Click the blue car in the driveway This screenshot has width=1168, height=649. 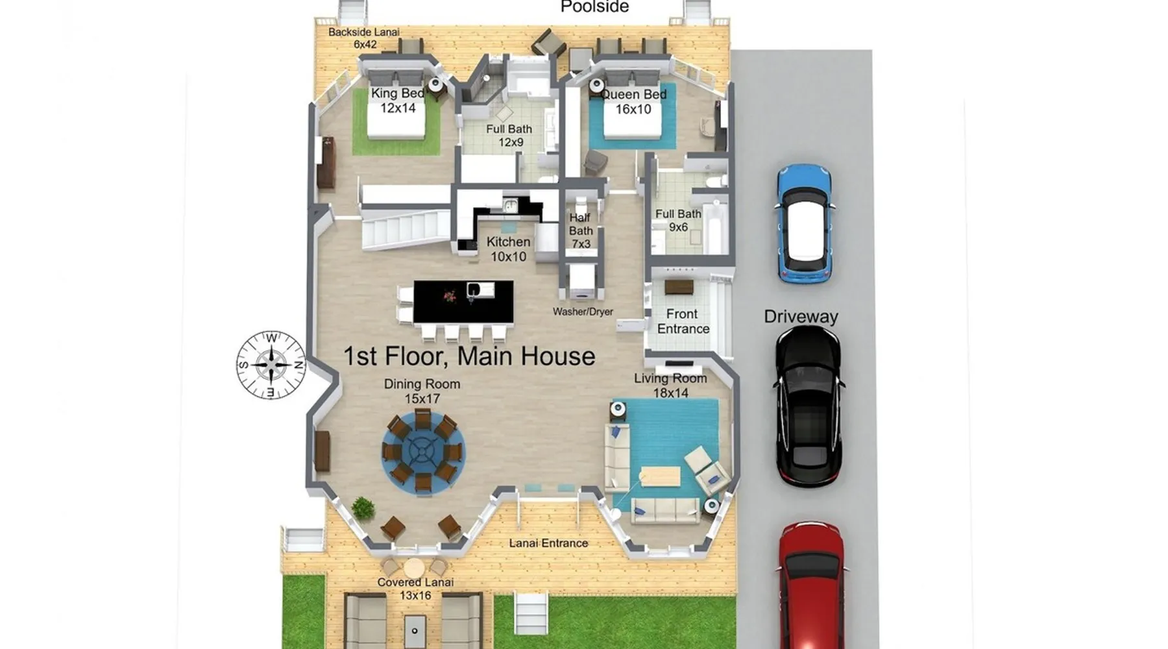pyautogui.click(x=804, y=224)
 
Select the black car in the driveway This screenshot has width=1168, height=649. pyautogui.click(x=809, y=406)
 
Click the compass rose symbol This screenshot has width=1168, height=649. pyautogui.click(x=271, y=365)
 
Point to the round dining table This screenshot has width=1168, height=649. pyautogui.click(x=422, y=450)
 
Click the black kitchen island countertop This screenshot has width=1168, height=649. pyautogui.click(x=463, y=301)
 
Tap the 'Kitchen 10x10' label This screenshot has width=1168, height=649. pyautogui.click(x=508, y=249)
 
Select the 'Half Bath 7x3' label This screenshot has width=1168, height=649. pyautogui.click(x=581, y=231)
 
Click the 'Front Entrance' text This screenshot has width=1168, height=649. pyautogui.click(x=683, y=321)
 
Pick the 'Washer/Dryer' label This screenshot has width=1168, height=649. pyautogui.click(x=583, y=312)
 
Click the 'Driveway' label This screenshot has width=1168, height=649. pyautogui.click(x=801, y=317)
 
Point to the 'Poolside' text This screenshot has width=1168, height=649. pyautogui.click(x=594, y=7)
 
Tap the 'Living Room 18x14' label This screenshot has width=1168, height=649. pyautogui.click(x=670, y=386)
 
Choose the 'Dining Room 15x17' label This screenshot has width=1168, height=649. pyautogui.click(x=422, y=391)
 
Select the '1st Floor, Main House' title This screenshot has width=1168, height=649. pyautogui.click(x=469, y=356)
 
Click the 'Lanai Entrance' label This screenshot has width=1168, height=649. pyautogui.click(x=548, y=543)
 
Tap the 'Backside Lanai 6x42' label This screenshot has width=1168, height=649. pyautogui.click(x=364, y=38)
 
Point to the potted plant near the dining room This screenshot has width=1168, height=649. pyautogui.click(x=363, y=508)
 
